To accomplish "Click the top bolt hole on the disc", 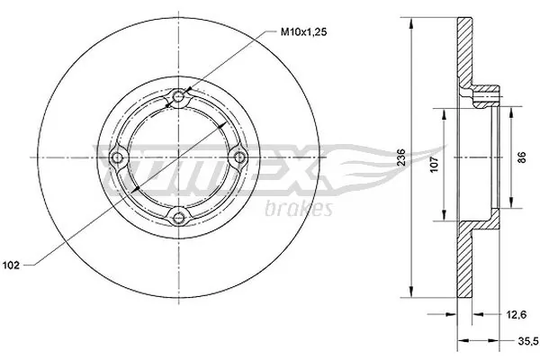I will click(x=178, y=97).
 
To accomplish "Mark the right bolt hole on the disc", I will click(x=238, y=157).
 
